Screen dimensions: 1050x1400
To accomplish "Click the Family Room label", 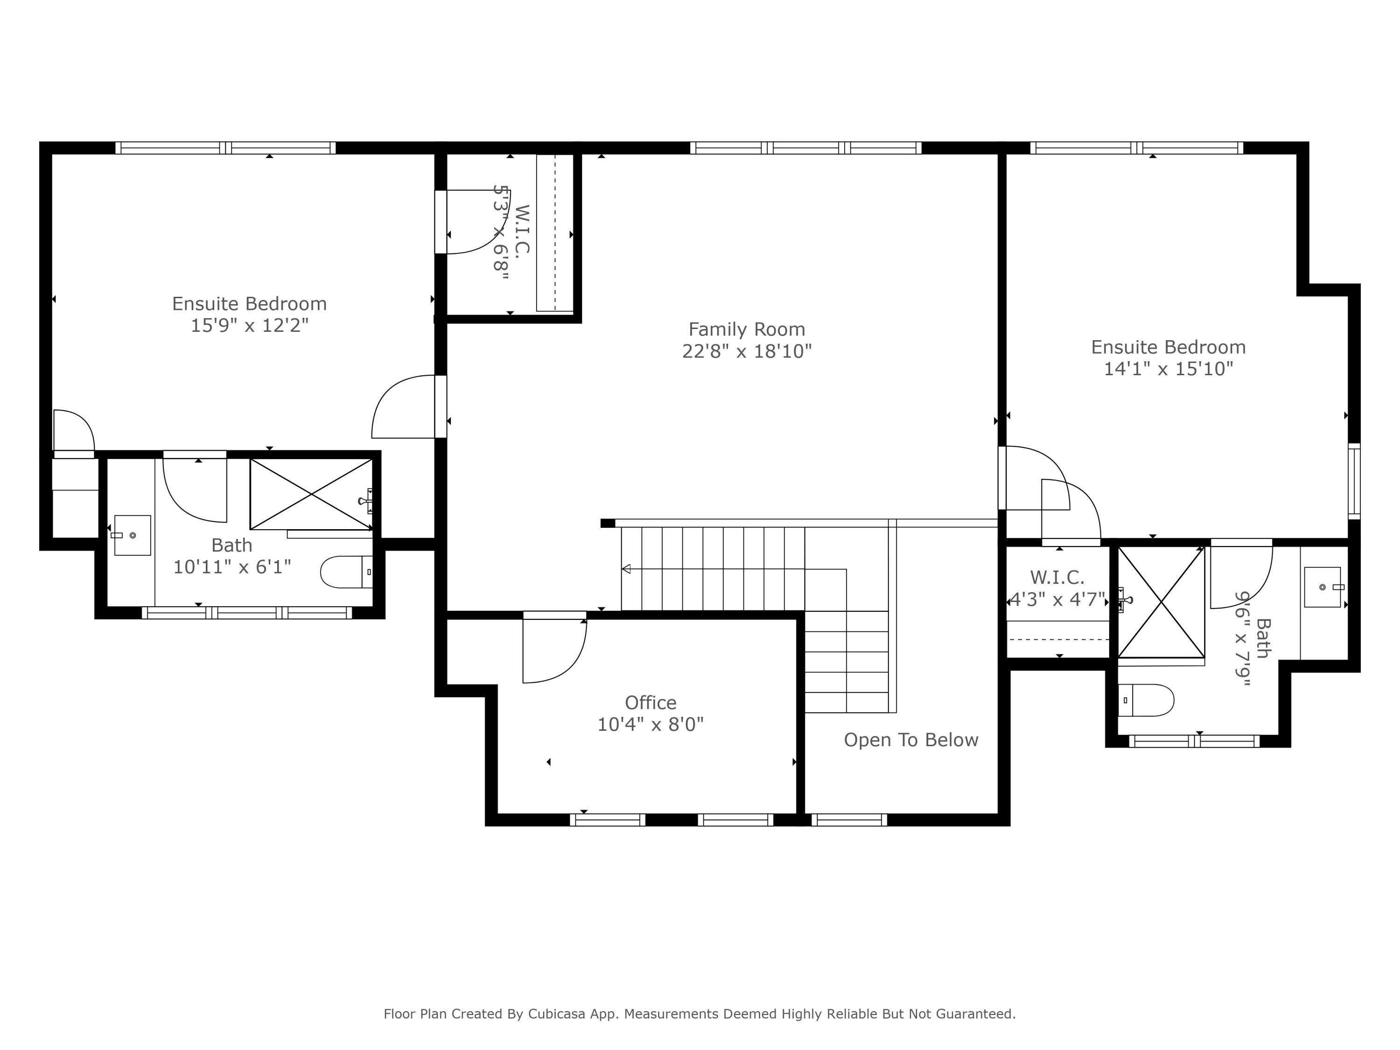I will pos(746,329).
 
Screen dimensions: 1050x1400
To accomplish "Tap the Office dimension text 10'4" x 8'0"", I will pos(650,724).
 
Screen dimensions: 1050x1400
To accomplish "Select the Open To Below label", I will pos(911,740).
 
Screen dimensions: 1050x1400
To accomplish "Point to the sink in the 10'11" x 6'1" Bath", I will pos(132,535).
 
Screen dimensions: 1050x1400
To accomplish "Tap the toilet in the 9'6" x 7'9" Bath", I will pos(1146,700).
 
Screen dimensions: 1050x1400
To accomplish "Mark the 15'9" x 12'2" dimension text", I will pos(249,325).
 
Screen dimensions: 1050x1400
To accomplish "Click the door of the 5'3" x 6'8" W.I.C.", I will pos(471,222).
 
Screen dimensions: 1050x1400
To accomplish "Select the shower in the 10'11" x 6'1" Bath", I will pos(311,494).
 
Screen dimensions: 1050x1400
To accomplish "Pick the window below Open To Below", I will pos(849,819).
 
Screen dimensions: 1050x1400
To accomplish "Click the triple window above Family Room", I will pos(805,147).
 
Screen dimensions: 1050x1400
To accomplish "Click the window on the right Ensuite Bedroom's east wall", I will pos(1353,481).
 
